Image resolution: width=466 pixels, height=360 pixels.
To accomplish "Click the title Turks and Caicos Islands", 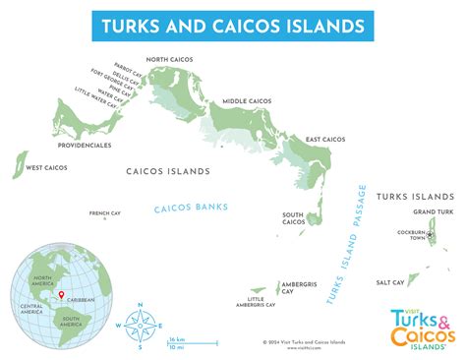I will [232, 24].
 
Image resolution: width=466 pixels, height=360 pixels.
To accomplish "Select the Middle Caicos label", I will [247, 101].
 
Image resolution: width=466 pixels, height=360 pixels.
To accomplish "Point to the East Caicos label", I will [324, 140].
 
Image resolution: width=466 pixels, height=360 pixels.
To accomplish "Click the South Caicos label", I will [292, 218].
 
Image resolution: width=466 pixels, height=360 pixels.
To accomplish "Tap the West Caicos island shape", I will [19, 164].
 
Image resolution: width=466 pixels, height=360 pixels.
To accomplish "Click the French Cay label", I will [105, 213].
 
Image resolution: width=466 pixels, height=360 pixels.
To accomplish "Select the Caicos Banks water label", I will [191, 207].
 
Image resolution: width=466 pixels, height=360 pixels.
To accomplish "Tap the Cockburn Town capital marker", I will [430, 233].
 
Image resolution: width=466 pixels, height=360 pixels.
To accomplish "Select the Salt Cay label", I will [390, 282].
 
